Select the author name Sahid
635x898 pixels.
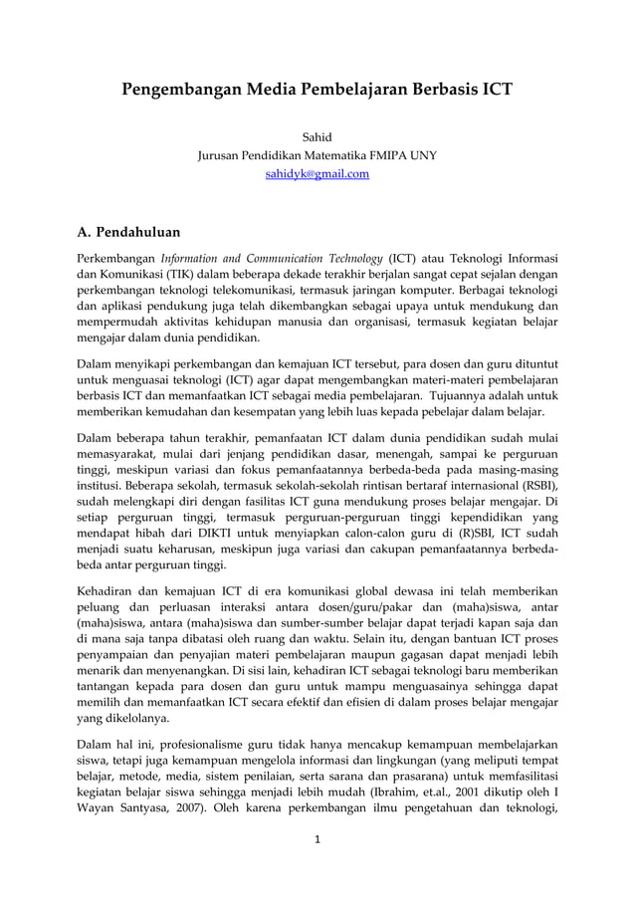point(317,137)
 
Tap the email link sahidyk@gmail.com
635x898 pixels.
point(317,174)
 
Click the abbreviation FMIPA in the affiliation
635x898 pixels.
point(384,156)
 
